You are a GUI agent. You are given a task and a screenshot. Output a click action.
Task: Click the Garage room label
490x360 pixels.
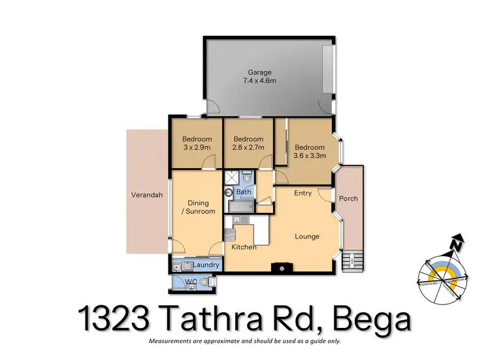pos(259,73)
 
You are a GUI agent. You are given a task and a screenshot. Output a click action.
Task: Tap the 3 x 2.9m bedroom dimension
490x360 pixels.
pos(197,148)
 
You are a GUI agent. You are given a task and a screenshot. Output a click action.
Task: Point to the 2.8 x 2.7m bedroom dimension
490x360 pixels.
pos(248,148)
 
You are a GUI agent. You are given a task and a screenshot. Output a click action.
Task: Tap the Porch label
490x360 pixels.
pos(348,199)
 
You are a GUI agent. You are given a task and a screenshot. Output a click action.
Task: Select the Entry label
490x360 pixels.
pos(302,193)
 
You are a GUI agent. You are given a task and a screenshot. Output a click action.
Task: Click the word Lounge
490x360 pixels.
pos(306,236)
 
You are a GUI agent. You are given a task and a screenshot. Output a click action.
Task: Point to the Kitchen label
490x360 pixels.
pos(244,247)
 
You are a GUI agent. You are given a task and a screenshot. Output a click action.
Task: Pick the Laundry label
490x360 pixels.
pos(206,265)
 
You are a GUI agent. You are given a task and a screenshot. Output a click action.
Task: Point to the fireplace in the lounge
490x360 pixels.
pos(282,267)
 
